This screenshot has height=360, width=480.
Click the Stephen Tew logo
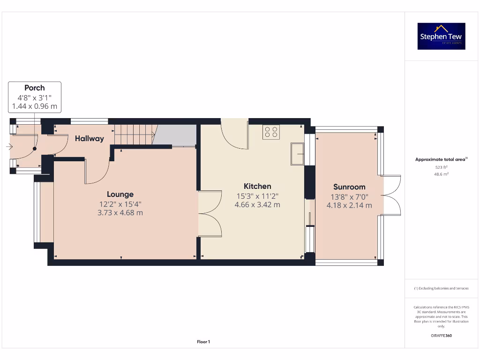pyautogui.click(x=441, y=36)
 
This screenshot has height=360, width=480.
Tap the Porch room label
pyautogui.click(x=35, y=88)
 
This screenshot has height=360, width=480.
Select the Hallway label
pyautogui.click(x=89, y=138)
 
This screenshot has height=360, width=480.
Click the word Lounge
pyautogui.click(x=120, y=194)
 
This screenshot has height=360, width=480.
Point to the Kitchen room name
pyautogui.click(x=257, y=186)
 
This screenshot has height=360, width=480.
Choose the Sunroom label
pyautogui.click(x=349, y=187)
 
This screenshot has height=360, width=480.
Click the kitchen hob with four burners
pyautogui.click(x=271, y=132)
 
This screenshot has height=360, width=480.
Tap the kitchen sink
pyautogui.click(x=297, y=154)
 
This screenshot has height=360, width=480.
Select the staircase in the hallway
pyautogui.click(x=135, y=136)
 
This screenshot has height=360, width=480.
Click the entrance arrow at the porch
pyautogui.click(x=9, y=147)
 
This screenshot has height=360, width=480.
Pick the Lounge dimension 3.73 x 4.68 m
pyautogui.click(x=120, y=213)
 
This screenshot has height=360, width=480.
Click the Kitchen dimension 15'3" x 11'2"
pyautogui.click(x=257, y=196)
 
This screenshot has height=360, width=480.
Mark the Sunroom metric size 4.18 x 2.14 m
pyautogui.click(x=349, y=205)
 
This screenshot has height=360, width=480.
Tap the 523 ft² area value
pyautogui.click(x=441, y=167)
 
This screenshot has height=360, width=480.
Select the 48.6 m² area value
pyautogui.click(x=441, y=174)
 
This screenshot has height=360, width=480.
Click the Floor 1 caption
pyautogui.click(x=203, y=342)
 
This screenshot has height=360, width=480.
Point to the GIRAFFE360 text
pyautogui.click(x=441, y=336)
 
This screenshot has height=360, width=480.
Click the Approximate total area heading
pyautogui.click(x=441, y=159)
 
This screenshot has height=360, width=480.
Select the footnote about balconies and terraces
pyautogui.click(x=441, y=288)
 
